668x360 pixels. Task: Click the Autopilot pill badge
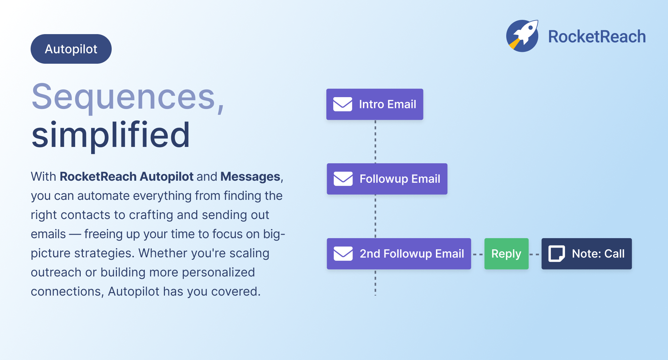point(71,49)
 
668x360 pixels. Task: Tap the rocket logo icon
point(522,36)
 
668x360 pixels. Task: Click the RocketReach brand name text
point(597,37)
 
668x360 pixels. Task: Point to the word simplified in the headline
point(111,135)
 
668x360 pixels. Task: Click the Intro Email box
point(375,104)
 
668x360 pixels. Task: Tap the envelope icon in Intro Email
point(343,104)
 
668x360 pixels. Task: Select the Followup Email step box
point(387,179)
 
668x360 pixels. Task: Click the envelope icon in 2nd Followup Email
point(343,253)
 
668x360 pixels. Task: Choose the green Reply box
point(506,253)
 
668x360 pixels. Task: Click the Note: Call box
point(587,253)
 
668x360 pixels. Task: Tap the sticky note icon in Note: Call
point(557,253)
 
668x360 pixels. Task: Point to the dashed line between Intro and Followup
point(375,142)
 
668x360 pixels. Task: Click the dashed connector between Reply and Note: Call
point(535,255)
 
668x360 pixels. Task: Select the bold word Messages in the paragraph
point(250,177)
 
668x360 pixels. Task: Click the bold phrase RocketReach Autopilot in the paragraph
point(127,177)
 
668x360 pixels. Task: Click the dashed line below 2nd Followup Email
point(375,282)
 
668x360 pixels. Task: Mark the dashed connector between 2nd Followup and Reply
point(478,255)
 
